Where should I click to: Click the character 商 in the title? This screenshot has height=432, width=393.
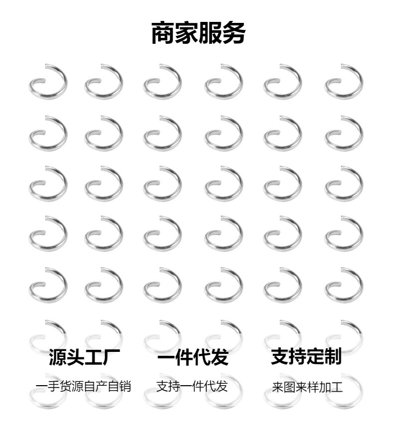click(x=163, y=33)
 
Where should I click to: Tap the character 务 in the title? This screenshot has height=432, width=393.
click(x=233, y=33)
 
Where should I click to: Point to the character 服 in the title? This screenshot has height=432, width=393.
click(x=210, y=33)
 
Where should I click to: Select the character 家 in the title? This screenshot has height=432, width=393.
click(x=187, y=33)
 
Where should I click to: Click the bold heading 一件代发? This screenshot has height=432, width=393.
click(x=193, y=357)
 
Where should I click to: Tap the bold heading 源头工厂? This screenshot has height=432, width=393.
click(x=84, y=357)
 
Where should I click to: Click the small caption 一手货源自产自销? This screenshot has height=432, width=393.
click(x=84, y=386)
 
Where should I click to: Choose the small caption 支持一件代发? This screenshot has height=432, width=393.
click(x=192, y=386)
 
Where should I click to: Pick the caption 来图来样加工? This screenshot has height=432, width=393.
click(x=307, y=387)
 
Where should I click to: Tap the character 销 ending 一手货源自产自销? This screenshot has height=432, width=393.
click(x=125, y=386)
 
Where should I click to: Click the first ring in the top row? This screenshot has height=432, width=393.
click(x=48, y=81)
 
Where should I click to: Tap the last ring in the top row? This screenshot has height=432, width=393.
click(x=344, y=81)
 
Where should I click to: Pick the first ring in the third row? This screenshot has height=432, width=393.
click(x=48, y=183)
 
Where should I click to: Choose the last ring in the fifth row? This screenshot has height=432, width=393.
click(x=344, y=285)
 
